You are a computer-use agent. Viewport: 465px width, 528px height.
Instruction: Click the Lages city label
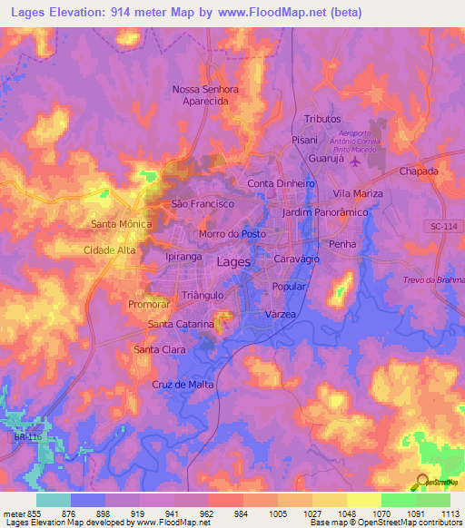[235, 261]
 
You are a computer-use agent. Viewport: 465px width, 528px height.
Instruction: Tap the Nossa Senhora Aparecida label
[205, 96]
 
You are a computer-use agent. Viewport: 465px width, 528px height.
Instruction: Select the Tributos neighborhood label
[322, 119]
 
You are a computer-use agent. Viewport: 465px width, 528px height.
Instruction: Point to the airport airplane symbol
[354, 162]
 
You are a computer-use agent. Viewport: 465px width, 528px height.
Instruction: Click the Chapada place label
[419, 171]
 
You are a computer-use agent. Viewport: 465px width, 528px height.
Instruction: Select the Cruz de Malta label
[183, 385]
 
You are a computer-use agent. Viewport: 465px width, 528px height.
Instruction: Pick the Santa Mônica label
[121, 223]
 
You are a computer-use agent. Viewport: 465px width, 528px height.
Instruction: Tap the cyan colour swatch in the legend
[53, 500]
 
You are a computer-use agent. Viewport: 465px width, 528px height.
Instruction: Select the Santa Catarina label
[181, 324]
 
